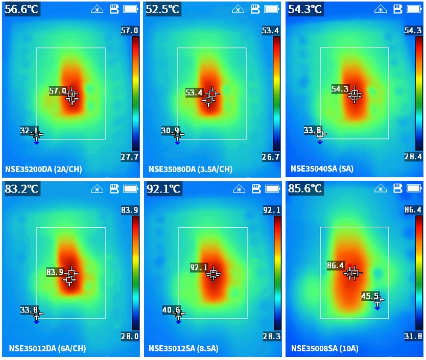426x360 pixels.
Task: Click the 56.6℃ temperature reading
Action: coord(21,9)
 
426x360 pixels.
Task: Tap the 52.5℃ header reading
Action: coord(163,9)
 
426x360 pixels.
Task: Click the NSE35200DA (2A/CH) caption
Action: coord(43,169)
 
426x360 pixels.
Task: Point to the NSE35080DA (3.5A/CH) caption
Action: coord(190,169)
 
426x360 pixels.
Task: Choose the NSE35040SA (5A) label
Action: coord(322,169)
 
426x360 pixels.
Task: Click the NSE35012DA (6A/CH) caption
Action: coord(47,349)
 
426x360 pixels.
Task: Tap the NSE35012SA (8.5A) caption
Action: coord(183,349)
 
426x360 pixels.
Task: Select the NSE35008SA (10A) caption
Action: coord(325,349)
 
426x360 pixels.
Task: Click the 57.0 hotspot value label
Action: coord(58,91)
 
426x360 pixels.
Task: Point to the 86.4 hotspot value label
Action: coord(335,265)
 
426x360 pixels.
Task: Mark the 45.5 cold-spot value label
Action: coord(370,296)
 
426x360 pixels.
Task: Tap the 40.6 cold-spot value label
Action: coord(171,309)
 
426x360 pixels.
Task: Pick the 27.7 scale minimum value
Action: coord(130,157)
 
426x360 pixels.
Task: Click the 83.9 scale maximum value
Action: coord(130,210)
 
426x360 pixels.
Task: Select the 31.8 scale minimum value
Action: coord(413,336)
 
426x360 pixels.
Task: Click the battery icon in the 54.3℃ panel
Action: coord(414,9)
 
